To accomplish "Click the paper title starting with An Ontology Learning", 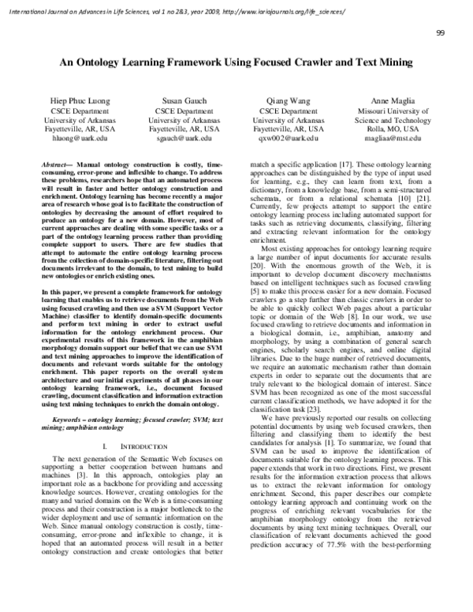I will point(236,68).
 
